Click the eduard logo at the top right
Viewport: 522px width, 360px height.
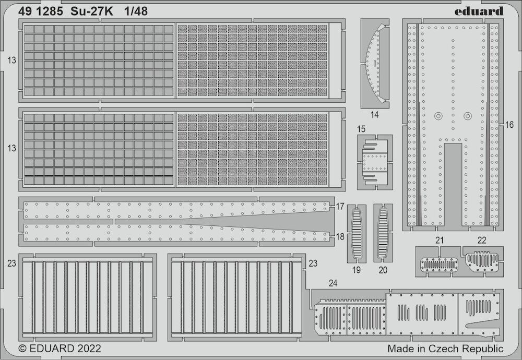pyautogui.click(x=479, y=11)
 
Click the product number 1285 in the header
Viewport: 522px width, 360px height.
pyautogui.click(x=50, y=11)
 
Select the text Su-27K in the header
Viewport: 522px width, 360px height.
pyautogui.click(x=91, y=11)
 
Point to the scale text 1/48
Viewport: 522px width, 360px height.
pyautogui.click(x=136, y=11)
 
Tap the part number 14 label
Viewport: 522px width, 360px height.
pyautogui.click(x=374, y=115)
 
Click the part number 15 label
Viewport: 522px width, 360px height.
pyautogui.click(x=361, y=129)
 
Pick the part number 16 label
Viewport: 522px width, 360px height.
pyautogui.click(x=509, y=125)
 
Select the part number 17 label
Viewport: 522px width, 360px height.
pyautogui.click(x=340, y=207)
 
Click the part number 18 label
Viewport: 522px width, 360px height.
pyautogui.click(x=340, y=236)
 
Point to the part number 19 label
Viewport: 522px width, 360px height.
pyautogui.click(x=357, y=270)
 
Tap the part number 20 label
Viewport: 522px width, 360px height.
pyautogui.click(x=383, y=270)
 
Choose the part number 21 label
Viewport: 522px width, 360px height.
pyautogui.click(x=440, y=240)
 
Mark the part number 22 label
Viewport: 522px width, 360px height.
pyautogui.click(x=482, y=240)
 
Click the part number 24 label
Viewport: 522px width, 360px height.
pyautogui.click(x=333, y=283)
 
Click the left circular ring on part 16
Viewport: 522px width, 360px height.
pyautogui.click(x=438, y=116)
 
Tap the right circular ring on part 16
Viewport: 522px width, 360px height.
pyautogui.click(x=468, y=116)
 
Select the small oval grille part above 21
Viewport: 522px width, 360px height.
pyautogui.click(x=440, y=265)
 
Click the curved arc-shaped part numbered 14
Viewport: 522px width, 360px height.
pyautogui.click(x=375, y=63)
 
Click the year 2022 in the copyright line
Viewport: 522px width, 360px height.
pyautogui.click(x=89, y=349)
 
